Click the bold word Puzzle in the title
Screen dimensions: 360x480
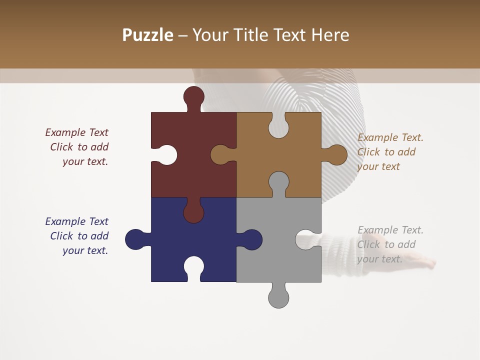click(147, 35)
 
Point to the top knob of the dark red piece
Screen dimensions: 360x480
click(193, 96)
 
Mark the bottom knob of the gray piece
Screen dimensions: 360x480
click(278, 297)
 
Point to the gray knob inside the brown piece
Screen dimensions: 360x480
click(278, 183)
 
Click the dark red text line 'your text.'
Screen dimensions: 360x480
click(85, 161)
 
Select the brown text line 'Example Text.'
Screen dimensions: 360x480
click(390, 137)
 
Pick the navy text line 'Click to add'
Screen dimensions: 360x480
click(79, 236)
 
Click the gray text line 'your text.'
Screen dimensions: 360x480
click(379, 259)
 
